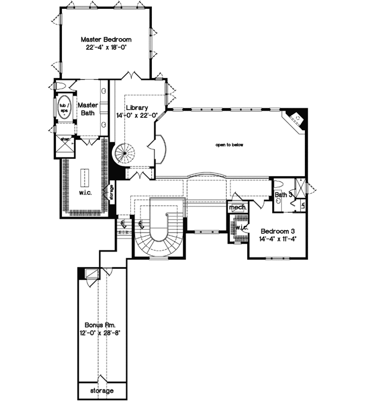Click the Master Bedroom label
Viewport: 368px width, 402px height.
click(105, 39)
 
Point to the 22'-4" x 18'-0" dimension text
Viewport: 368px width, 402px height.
click(105, 48)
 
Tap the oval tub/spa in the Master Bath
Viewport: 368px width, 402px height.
click(63, 109)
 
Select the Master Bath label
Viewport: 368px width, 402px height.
click(88, 108)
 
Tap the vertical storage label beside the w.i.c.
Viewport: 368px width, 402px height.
click(111, 194)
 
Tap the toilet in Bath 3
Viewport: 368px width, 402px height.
click(279, 202)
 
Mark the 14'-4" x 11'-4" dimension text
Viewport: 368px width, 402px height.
click(278, 238)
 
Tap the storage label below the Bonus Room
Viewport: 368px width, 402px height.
click(102, 391)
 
